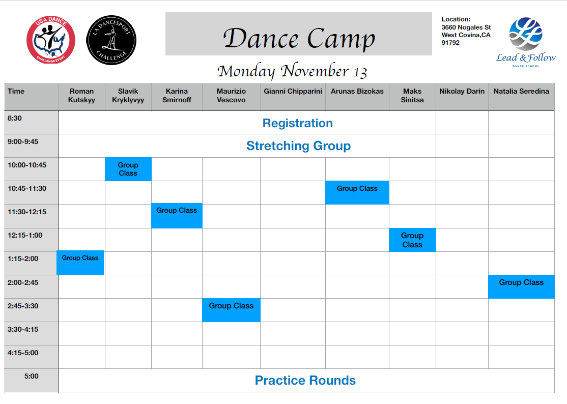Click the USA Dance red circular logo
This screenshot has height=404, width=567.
tap(50, 40)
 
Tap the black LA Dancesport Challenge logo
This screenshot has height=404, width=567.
tap(111, 40)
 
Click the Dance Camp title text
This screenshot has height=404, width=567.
tap(299, 38)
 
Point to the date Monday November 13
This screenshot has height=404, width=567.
tap(292, 71)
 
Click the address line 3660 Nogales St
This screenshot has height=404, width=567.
tap(466, 27)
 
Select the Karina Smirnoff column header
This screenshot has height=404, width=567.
tap(177, 95)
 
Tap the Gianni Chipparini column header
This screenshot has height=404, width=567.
tap(293, 91)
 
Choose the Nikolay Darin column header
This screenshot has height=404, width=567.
tap(462, 91)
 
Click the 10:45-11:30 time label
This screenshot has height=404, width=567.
tap(27, 188)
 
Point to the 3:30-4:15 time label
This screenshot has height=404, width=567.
tap(23, 329)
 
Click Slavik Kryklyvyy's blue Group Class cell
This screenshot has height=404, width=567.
tap(128, 169)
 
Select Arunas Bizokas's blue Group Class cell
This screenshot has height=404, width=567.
tap(357, 193)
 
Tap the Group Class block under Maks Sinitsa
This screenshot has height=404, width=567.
tap(412, 240)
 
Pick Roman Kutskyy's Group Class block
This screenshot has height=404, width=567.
tap(80, 263)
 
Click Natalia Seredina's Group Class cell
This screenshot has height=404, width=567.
tap(521, 287)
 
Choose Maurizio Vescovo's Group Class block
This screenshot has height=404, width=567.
tap(232, 310)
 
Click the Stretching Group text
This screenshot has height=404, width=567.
tap(299, 146)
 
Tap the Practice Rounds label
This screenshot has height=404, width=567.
tap(305, 380)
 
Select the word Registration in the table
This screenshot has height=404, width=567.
tap(298, 123)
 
